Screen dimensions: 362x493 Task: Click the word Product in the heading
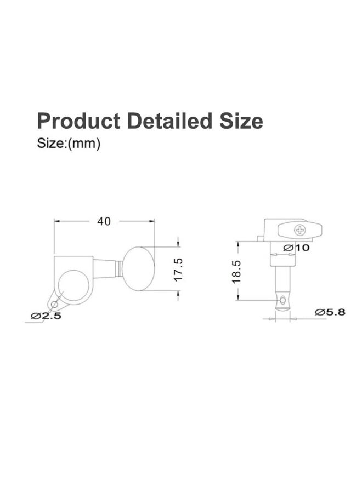[78, 121]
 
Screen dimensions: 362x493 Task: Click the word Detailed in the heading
[169, 121]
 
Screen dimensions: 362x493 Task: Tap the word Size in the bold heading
[241, 121]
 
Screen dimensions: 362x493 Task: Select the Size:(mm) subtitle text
[69, 144]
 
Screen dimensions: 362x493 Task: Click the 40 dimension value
[104, 221]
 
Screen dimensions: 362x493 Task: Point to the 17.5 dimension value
[178, 270]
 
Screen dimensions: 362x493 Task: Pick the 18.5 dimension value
[237, 272]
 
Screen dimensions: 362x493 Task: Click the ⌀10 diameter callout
[296, 248]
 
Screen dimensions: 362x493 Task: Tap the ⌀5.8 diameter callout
[330, 312]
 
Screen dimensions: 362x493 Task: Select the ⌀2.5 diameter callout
[46, 316]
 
